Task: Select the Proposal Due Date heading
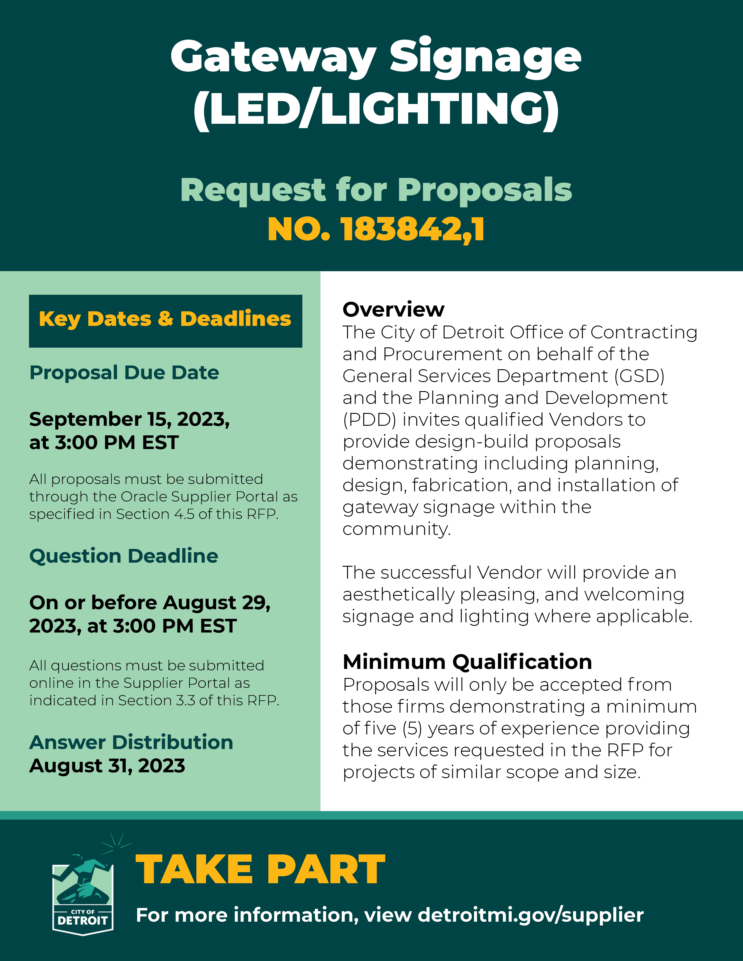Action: [124, 373]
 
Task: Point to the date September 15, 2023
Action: [129, 419]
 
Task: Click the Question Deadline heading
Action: [124, 556]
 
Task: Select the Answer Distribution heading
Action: [131, 742]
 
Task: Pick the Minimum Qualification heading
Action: [467, 662]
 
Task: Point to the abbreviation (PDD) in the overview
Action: [369, 420]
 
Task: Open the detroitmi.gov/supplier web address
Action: [530, 915]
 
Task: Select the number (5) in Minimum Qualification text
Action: [412, 729]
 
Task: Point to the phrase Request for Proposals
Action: [376, 190]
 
